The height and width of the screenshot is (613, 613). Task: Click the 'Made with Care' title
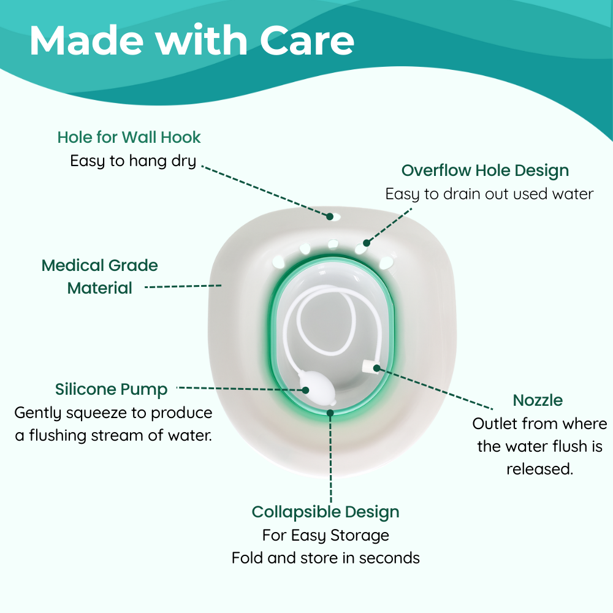[x=191, y=40]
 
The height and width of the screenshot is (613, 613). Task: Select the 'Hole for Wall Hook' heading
[x=129, y=137]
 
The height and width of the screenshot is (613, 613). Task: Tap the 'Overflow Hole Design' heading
[x=485, y=171]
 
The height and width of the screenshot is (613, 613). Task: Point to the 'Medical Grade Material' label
[x=100, y=276]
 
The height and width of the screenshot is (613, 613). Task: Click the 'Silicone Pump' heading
[x=112, y=389]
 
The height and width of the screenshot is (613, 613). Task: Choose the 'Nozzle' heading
[x=538, y=400]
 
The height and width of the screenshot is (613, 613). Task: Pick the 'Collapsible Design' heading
[x=326, y=512]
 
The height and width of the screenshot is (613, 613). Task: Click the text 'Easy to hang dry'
[x=133, y=161]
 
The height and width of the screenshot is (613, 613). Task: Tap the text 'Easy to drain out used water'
[x=489, y=194]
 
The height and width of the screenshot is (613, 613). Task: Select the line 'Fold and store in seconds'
[x=326, y=558]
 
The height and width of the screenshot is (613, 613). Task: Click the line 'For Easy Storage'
[x=326, y=536]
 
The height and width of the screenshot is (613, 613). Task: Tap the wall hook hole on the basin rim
[x=330, y=216]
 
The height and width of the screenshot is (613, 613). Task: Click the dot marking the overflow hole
[x=367, y=243]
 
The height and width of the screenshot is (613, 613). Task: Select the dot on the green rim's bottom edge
[x=330, y=413]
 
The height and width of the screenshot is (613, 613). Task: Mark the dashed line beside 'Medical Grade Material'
[x=183, y=286]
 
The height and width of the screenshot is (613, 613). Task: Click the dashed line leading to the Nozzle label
[x=435, y=389]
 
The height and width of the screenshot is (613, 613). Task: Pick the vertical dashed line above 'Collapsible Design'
[x=331, y=458]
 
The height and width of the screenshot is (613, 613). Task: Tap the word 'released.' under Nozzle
[x=540, y=469]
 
